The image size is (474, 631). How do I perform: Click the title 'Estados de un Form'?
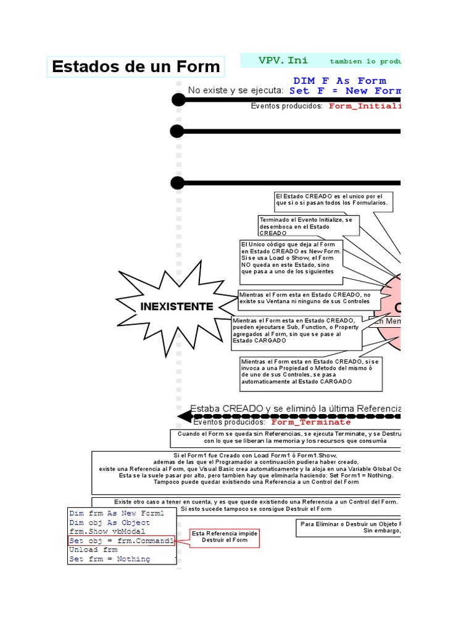[x=136, y=67]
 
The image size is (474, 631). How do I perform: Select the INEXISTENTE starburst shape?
[x=176, y=306]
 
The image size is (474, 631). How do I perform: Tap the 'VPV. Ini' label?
[x=283, y=60]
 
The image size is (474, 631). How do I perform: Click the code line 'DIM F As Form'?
[x=339, y=81]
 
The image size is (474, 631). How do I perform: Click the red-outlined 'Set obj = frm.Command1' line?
[x=121, y=540]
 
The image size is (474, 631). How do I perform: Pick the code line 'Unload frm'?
[x=93, y=550]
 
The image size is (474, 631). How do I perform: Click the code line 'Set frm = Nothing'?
[x=109, y=559]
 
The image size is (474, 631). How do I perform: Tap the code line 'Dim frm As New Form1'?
[x=117, y=513]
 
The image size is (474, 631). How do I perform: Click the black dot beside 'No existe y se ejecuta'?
[x=177, y=99]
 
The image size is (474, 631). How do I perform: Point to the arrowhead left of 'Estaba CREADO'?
[x=183, y=417]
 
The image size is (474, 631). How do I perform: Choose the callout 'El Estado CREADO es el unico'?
[x=333, y=199]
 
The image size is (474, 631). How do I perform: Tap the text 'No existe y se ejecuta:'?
[x=236, y=91]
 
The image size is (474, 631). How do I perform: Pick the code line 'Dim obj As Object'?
[x=109, y=523]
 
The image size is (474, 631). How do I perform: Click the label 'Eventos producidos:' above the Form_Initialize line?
[x=286, y=106]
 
